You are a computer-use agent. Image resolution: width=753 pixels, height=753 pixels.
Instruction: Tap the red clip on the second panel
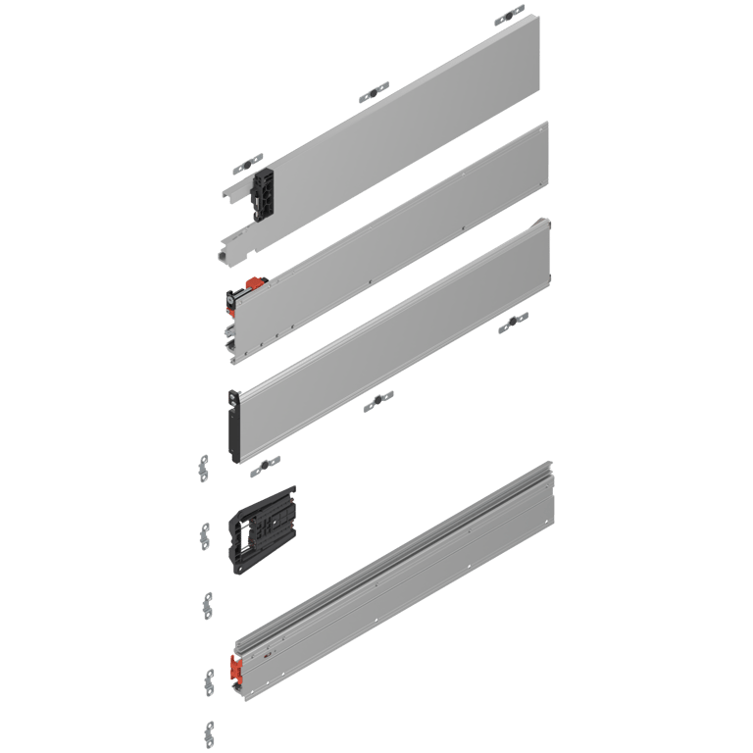252,285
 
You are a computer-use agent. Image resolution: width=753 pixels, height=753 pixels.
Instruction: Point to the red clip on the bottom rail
235,669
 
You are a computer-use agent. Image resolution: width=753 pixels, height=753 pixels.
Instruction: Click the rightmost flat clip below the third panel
513,324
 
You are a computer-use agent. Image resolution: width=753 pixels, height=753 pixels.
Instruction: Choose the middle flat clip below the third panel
378,400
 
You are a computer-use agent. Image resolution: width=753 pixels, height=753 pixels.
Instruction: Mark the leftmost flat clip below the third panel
265,466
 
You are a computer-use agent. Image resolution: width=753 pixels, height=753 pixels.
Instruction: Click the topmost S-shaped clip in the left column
204,469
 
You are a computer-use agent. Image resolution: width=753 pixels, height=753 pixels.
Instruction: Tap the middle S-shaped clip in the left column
208,602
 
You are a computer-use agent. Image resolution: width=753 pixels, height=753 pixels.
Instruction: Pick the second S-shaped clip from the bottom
209,678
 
